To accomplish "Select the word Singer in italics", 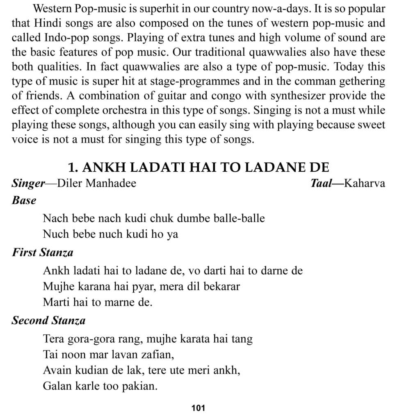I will click(x=28, y=183).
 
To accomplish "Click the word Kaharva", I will click(x=365, y=183).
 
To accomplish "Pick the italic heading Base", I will click(x=24, y=200).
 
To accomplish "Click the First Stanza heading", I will click(x=42, y=252).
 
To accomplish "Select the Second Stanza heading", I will click(x=48, y=321).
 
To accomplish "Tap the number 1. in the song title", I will click(x=73, y=168).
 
